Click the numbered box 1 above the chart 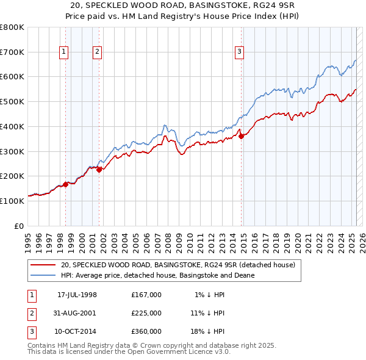(x=63, y=52)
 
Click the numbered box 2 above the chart (x=97, y=52)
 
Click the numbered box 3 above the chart (x=240, y=52)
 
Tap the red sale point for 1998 (x=65, y=184)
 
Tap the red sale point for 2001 (x=99, y=170)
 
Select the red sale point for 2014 (x=241, y=136)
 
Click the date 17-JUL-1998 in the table (x=76, y=295)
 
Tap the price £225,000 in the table (x=146, y=313)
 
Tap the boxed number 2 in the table (x=31, y=313)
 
